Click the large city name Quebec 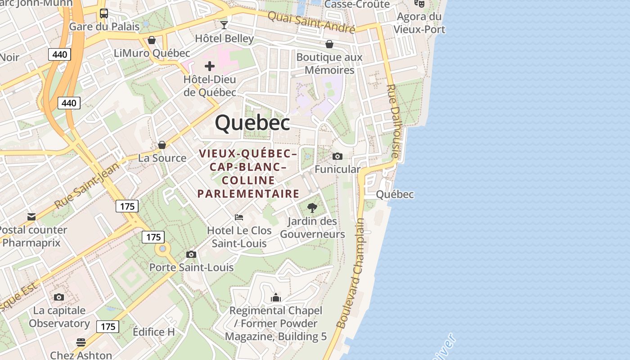252,123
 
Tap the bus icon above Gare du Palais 104,13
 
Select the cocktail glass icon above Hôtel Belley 224,25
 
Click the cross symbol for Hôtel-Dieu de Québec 210,67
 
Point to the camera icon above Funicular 337,156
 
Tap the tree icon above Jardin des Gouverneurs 312,208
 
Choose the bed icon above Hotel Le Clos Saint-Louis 239,217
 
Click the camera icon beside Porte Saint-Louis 191,255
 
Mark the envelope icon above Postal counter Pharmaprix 31,217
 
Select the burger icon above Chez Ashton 81,342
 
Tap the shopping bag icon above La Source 162,145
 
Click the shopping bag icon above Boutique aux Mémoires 329,44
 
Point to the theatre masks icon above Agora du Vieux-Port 419,4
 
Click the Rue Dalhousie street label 393,121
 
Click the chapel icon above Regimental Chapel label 276,297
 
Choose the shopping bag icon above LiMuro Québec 152,40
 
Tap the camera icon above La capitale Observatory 59,297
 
